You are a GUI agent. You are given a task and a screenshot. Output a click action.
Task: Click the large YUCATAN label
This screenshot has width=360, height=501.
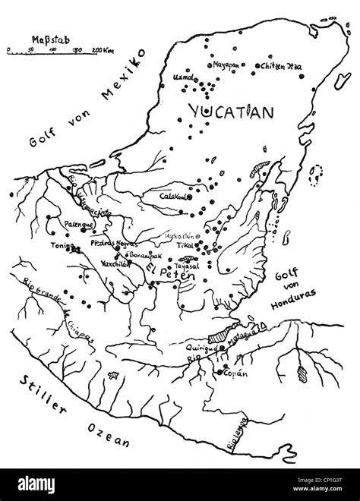pos(227,113)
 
